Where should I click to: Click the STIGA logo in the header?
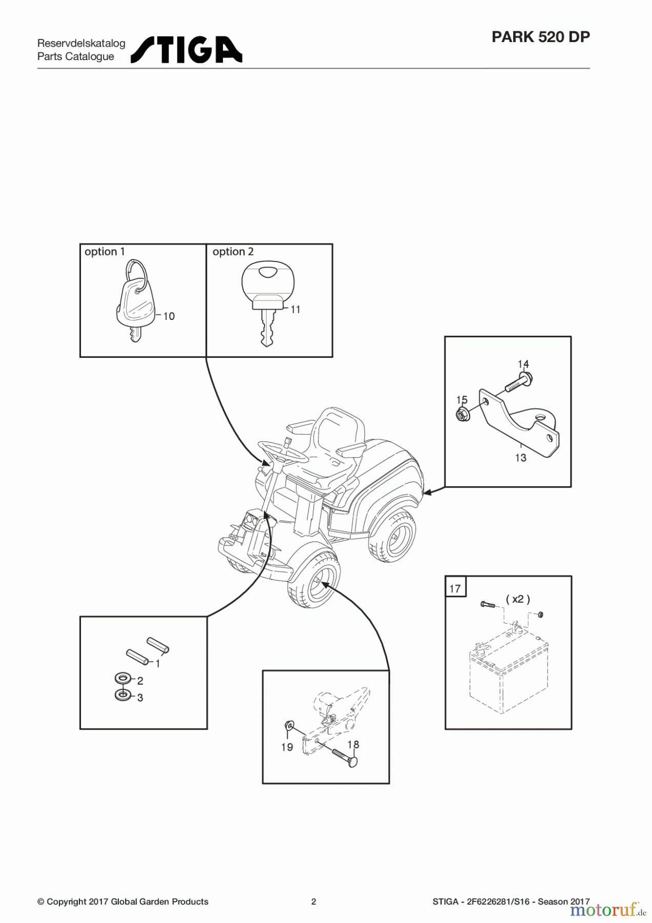click(186, 50)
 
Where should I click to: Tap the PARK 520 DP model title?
click(540, 37)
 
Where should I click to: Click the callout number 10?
click(169, 316)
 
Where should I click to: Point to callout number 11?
click(295, 310)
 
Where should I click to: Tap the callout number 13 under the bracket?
click(521, 458)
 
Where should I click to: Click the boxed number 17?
click(455, 588)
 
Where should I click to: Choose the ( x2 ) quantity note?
click(518, 599)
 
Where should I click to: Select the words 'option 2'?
click(233, 252)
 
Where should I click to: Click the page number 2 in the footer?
click(314, 901)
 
